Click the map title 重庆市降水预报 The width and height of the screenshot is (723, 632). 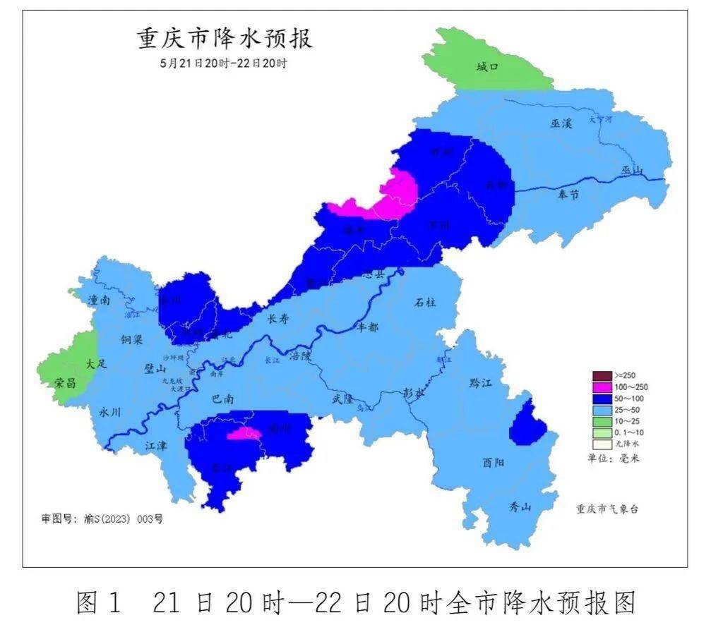pos(225,39)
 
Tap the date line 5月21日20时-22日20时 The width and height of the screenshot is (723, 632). pos(224,63)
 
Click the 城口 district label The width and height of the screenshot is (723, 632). pos(487,67)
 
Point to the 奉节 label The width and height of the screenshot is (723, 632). pos(568,194)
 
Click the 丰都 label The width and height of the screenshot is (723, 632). pos(368,327)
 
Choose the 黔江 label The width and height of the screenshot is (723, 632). pos(480,383)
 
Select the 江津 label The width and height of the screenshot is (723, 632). pos(156,446)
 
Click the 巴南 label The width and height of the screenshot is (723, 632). pos(223,399)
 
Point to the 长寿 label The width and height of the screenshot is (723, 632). pos(277,319)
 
